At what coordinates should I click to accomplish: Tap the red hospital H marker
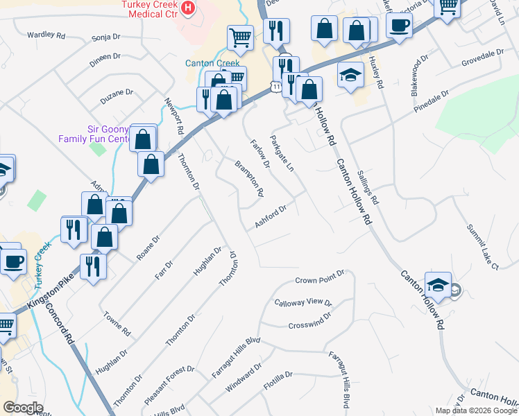pyautogui.click(x=187, y=8)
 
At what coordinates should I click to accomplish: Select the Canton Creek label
pyautogui.click(x=212, y=63)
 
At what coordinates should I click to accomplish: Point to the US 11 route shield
pyautogui.click(x=276, y=86)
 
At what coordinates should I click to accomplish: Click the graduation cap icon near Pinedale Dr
pyautogui.click(x=351, y=76)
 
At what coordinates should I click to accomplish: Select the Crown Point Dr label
pyautogui.click(x=319, y=279)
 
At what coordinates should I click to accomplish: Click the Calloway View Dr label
pyautogui.click(x=303, y=303)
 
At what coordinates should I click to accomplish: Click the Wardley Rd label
pyautogui.click(x=46, y=34)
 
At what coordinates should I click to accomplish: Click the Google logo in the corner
pyautogui.click(x=24, y=407)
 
